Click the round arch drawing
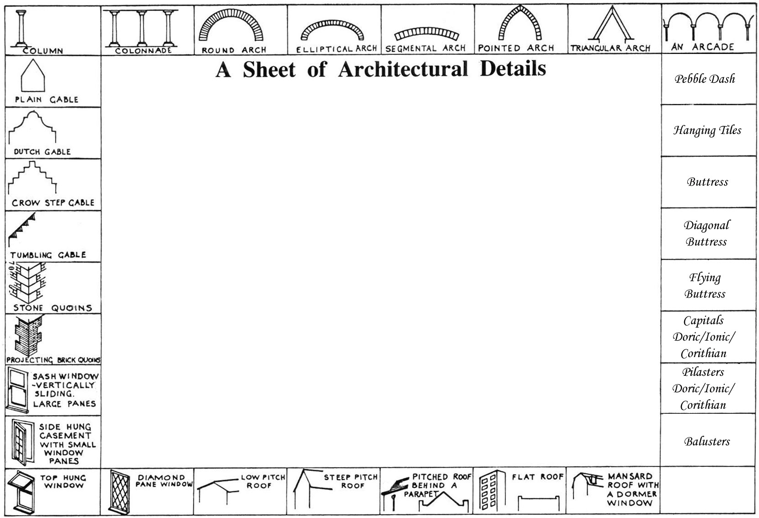pos(232,25)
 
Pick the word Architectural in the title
pos(403,69)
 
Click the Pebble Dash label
pos(705,79)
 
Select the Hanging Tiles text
pos(707,130)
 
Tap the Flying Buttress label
pos(705,286)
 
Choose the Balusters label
pos(707,442)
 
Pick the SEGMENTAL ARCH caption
pos(425,48)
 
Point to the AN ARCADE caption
pos(703,47)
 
